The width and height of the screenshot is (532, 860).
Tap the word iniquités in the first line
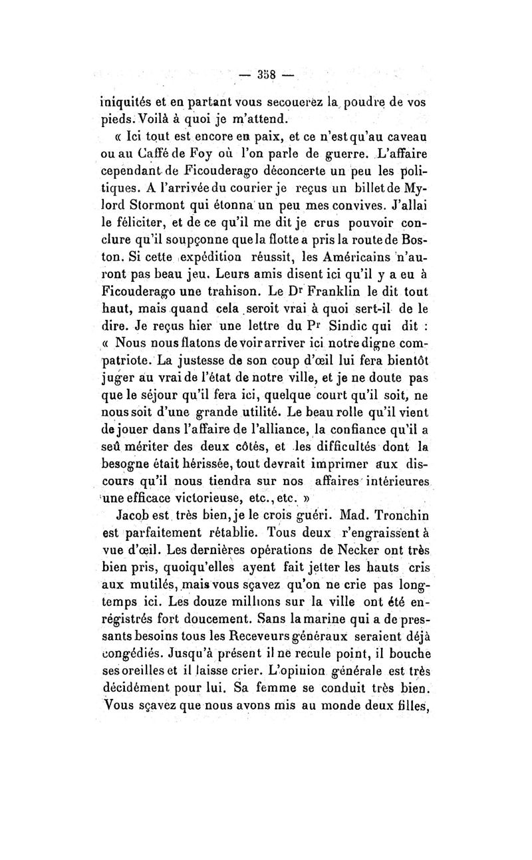(124, 104)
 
